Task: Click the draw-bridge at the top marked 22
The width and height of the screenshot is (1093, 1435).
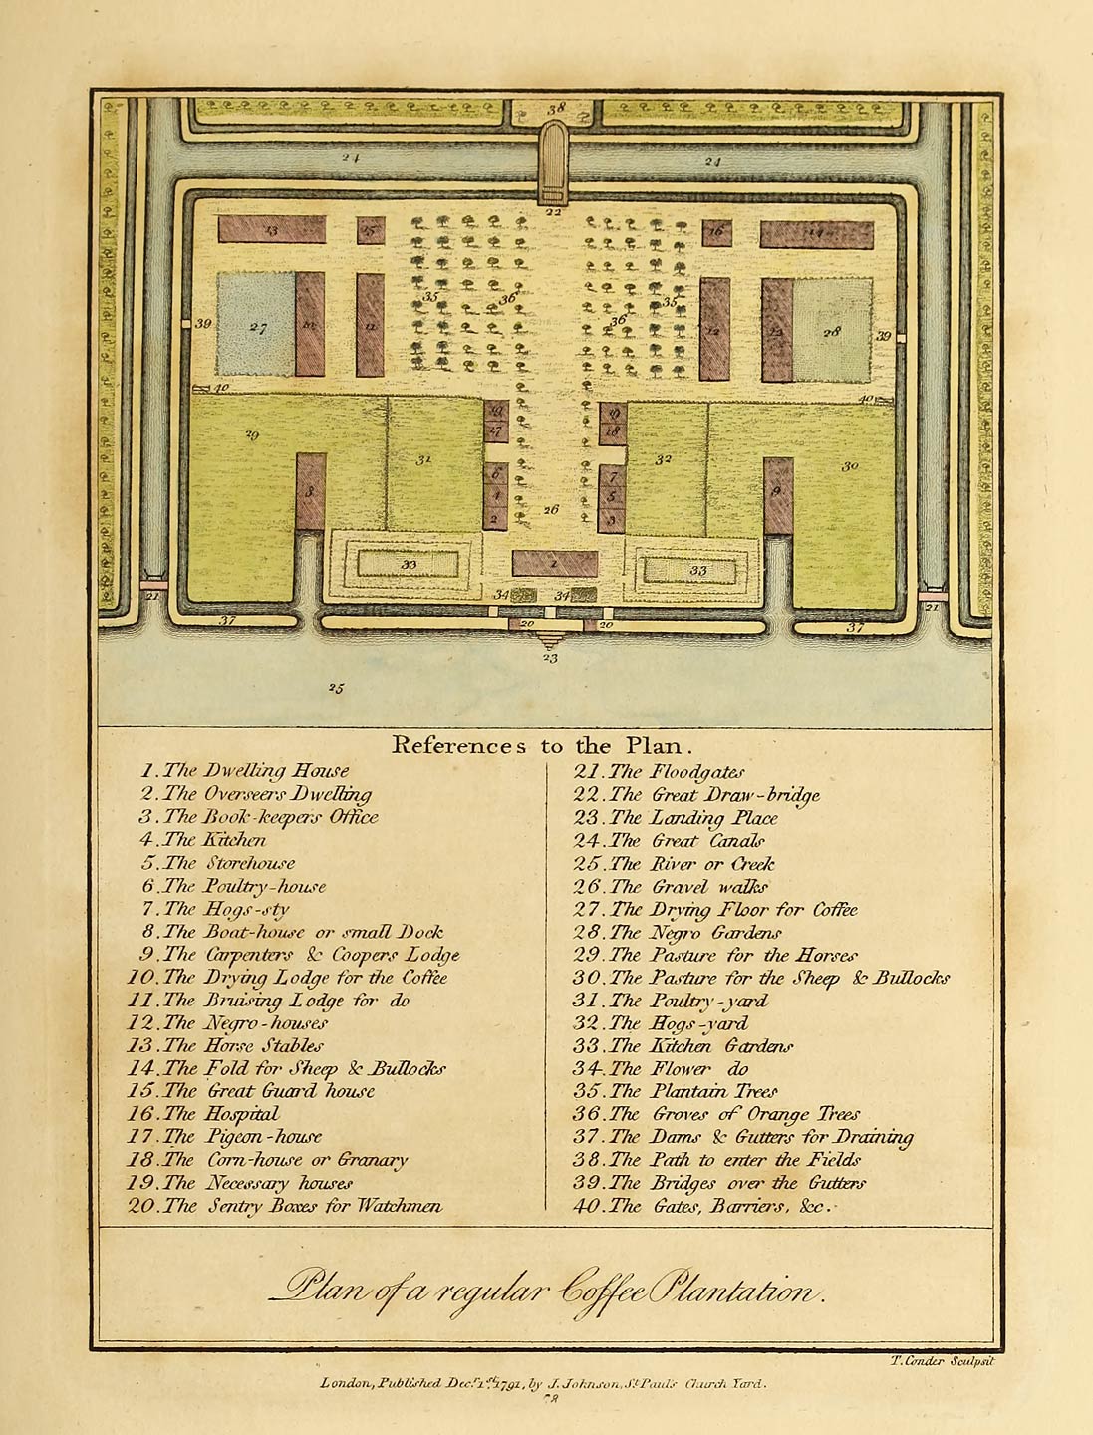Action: point(552,163)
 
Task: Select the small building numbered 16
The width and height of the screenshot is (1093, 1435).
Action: point(716,231)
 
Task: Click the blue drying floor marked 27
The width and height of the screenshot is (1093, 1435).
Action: point(256,324)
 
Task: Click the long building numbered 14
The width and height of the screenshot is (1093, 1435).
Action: point(817,234)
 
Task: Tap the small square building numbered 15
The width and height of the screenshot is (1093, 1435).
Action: point(371,231)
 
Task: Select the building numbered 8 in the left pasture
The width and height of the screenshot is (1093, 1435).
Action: point(310,491)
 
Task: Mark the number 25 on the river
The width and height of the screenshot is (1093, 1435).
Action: point(336,688)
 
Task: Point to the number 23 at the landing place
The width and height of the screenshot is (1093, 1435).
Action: point(550,657)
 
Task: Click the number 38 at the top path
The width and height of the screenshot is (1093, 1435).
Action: point(555,108)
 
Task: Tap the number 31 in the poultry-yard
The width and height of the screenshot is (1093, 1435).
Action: point(424,459)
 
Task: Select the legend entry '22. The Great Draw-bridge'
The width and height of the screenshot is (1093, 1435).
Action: point(696,794)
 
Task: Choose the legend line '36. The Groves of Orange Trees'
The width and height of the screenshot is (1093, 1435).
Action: point(715,1113)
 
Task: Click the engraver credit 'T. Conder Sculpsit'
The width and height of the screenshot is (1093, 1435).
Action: point(940,1360)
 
